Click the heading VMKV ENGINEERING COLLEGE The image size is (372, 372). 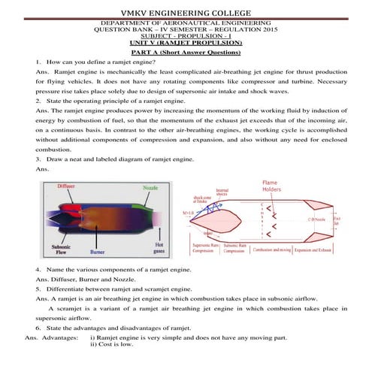pyautogui.click(x=186, y=10)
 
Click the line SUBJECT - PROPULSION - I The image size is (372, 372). pyautogui.click(x=186, y=37)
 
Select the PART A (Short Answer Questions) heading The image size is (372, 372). pyautogui.click(x=186, y=53)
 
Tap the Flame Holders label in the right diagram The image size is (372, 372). pyautogui.click(x=273, y=187)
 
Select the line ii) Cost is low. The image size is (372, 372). pyautogui.click(x=111, y=347)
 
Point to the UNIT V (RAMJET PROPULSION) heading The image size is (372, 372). pyautogui.click(x=186, y=44)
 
